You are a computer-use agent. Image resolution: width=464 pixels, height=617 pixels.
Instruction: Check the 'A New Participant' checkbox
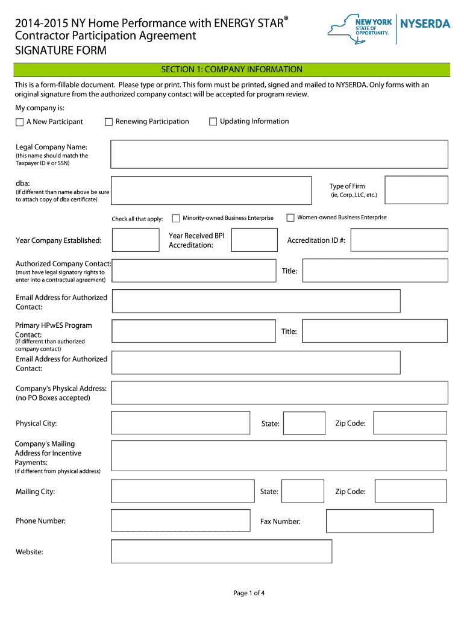click(x=20, y=122)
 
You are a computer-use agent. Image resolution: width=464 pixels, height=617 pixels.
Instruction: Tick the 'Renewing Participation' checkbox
click(x=109, y=122)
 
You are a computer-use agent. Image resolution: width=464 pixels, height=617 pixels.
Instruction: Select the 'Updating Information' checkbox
click(x=213, y=122)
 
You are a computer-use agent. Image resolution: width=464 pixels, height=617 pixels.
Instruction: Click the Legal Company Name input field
click(x=279, y=154)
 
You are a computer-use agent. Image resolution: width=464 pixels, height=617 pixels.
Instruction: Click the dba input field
click(x=211, y=190)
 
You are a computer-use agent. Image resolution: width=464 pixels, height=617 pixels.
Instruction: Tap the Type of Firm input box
click(x=416, y=190)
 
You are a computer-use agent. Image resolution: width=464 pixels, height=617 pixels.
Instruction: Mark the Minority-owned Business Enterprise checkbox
click(x=177, y=218)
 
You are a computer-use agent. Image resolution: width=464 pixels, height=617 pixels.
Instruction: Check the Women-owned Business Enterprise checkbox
click(x=290, y=218)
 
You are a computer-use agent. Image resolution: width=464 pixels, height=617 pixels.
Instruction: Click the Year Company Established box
click(x=136, y=240)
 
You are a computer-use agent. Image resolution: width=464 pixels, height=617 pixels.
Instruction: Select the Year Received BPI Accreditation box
click(x=254, y=240)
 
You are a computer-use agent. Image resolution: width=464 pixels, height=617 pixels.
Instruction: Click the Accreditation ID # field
click(x=399, y=240)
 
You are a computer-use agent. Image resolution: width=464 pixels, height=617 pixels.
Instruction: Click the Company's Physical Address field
click(x=280, y=392)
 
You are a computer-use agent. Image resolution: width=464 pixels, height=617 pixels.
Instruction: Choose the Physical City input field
click(x=181, y=423)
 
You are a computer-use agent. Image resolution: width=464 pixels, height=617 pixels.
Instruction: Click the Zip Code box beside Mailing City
click(x=410, y=491)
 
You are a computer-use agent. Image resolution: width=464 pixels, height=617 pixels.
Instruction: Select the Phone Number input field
click(x=181, y=521)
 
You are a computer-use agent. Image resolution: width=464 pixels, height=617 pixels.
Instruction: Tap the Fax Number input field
click(x=380, y=521)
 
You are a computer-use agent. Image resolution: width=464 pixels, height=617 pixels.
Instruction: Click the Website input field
click(x=222, y=551)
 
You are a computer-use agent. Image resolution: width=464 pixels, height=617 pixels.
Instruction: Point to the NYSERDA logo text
click(x=425, y=24)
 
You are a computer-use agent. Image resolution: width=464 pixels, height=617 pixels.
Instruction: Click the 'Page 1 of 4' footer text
click(x=249, y=593)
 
